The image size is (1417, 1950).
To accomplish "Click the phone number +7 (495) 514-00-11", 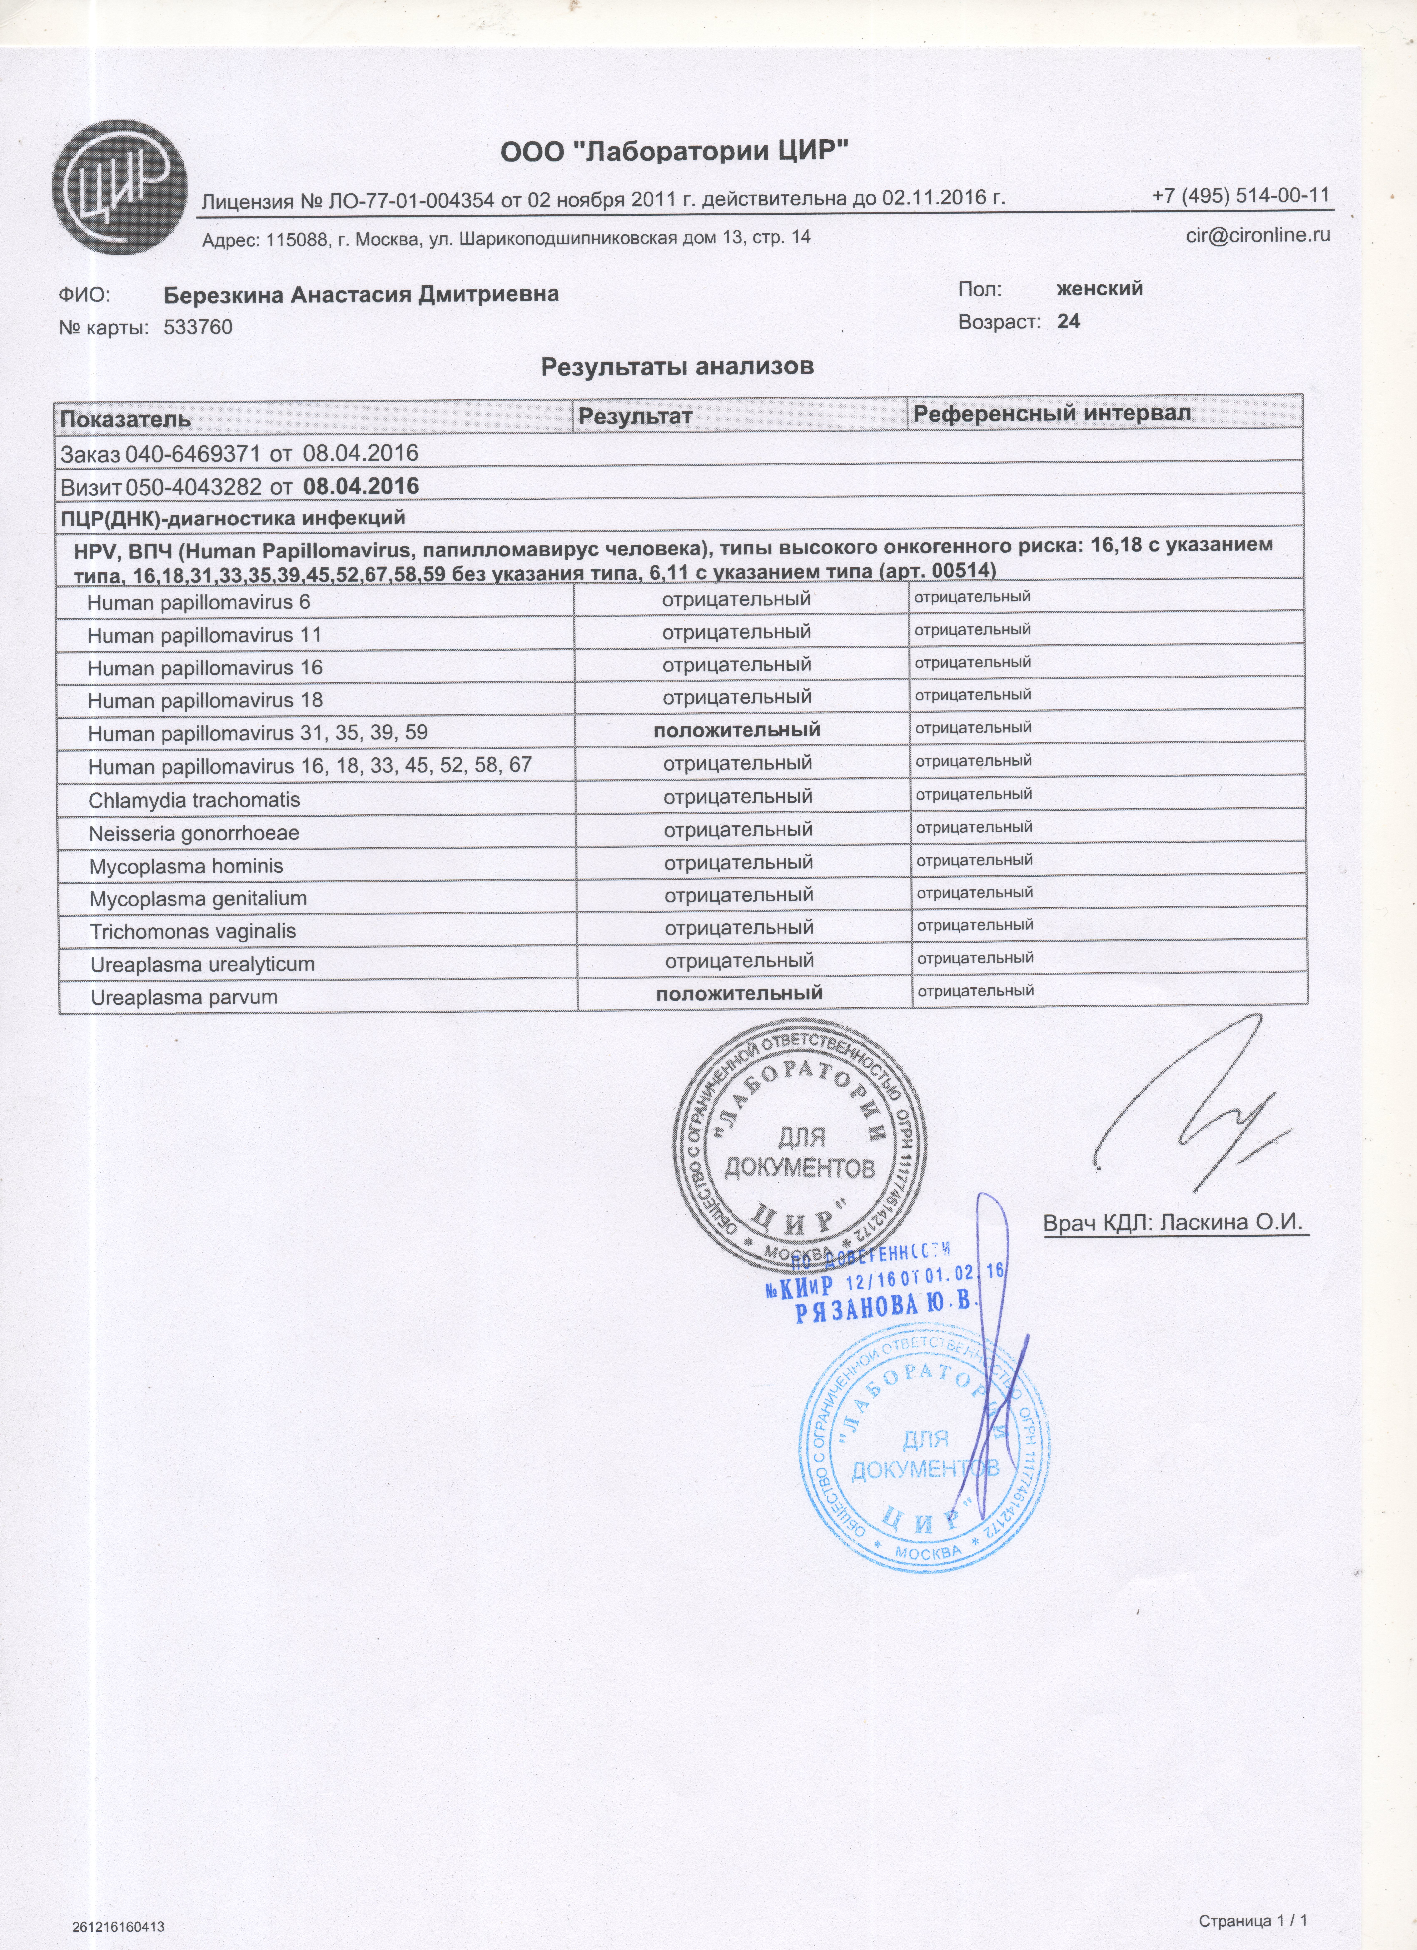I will click(1241, 195).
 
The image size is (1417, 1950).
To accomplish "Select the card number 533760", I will click(198, 328).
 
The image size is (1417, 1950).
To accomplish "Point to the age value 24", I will click(1069, 321).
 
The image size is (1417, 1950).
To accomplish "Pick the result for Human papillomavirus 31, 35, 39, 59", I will click(737, 730).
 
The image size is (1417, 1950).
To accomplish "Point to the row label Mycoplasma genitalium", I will click(198, 898).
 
